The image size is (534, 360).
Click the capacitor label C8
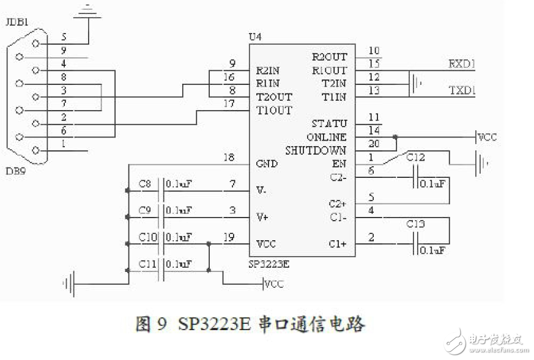144,183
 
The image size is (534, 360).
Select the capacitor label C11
147,264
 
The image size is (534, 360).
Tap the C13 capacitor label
416,224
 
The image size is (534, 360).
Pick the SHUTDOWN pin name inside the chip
316,150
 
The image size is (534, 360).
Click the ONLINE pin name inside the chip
325,137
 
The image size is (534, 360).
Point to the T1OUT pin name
274,111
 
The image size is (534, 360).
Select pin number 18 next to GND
229,158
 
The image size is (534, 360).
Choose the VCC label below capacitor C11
274,284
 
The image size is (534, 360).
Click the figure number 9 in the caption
161,325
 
